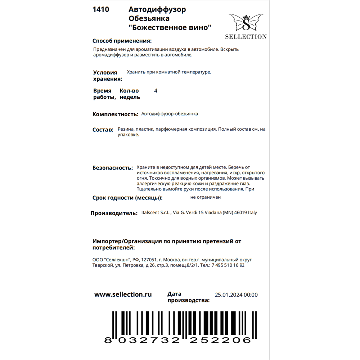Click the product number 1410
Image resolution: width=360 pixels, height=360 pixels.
101,10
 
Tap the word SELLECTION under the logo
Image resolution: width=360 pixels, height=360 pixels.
246,36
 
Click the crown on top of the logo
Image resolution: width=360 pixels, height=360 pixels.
246,17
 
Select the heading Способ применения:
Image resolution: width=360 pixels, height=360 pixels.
122,41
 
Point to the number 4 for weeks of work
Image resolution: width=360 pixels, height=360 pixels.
156,91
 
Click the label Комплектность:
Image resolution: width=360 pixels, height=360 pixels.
115,114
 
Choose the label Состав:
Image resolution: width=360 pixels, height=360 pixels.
103,130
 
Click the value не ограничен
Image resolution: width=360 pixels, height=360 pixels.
206,197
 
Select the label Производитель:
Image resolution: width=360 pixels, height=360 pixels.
114,213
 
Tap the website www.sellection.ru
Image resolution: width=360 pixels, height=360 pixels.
123,294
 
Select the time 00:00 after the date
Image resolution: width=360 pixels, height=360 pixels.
251,295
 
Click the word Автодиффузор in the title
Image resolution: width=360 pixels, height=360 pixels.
157,10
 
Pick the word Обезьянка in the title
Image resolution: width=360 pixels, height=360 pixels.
149,18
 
